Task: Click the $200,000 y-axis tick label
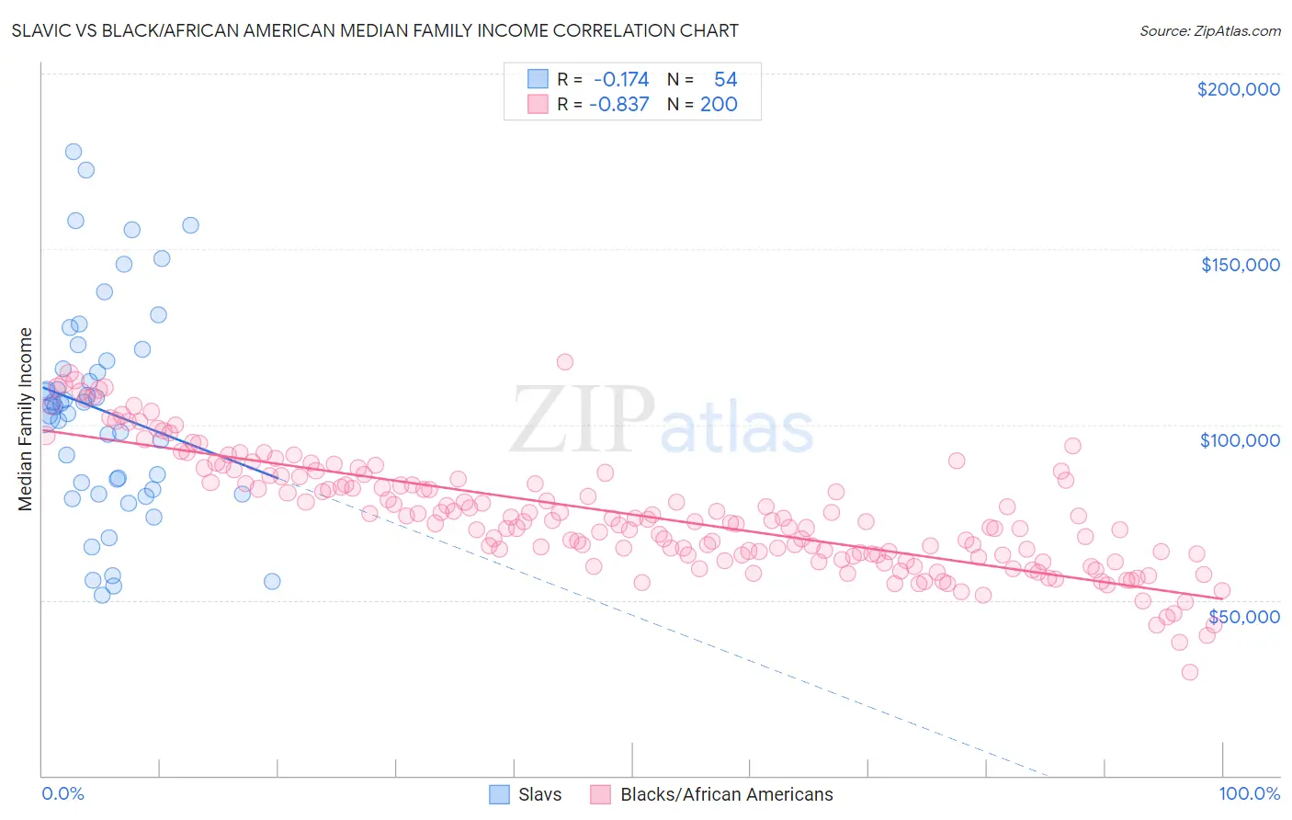1238,89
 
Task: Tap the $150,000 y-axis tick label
1240,265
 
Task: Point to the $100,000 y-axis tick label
1240,440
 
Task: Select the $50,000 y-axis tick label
1243,616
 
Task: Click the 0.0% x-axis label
62,793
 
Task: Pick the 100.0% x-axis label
1249,793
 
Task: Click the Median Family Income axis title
26,419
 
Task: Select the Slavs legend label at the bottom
539,794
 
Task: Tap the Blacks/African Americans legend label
726,794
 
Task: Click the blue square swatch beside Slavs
499,794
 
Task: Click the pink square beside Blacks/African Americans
600,794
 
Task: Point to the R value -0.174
621,80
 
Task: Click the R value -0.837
621,105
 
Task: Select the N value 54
725,80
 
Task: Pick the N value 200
719,105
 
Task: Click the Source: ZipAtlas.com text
1209,31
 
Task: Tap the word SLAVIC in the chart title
45,31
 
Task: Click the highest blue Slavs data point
74,152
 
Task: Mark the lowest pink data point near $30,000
1189,672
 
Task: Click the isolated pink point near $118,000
564,362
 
